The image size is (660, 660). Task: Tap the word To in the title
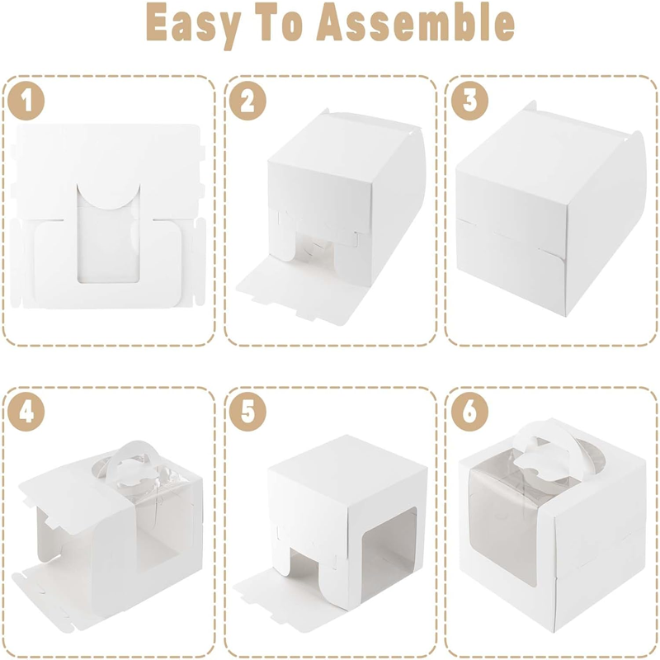pyautogui.click(x=281, y=24)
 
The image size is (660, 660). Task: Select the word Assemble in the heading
pyautogui.click(x=416, y=24)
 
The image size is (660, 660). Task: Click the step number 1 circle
pyautogui.click(x=26, y=101)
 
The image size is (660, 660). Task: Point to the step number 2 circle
pyautogui.click(x=247, y=101)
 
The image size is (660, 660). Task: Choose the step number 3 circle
pyautogui.click(x=469, y=101)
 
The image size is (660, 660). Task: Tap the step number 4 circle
pyautogui.click(x=26, y=412)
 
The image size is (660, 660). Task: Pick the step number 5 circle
pyautogui.click(x=247, y=412)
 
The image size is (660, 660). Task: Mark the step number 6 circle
pyautogui.click(x=469, y=412)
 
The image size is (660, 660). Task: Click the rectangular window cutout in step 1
pyautogui.click(x=108, y=240)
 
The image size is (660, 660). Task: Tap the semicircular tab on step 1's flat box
pyautogui.click(x=108, y=196)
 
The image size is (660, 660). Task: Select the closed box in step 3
pyautogui.click(x=550, y=210)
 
